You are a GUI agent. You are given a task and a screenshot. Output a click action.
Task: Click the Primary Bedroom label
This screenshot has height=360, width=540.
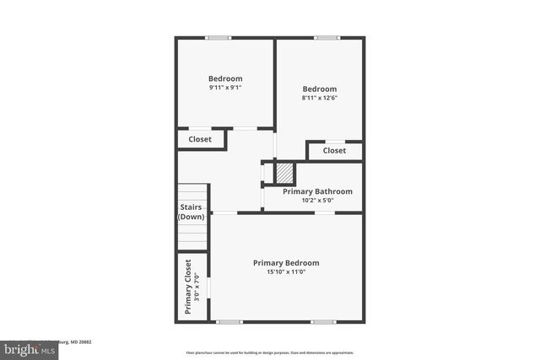click(286, 263)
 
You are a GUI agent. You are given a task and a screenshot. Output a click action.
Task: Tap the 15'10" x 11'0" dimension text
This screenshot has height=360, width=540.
click(286, 272)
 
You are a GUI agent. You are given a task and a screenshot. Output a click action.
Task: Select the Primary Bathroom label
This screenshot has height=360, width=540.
click(317, 191)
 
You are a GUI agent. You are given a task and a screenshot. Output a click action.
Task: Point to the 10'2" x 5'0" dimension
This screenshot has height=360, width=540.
click(317, 201)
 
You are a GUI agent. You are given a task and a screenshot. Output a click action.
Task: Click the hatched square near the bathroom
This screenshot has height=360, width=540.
click(285, 174)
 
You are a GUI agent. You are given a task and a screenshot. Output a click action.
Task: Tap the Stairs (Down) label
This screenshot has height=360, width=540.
click(191, 212)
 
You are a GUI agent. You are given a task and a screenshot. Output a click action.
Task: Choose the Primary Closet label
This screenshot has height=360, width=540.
click(188, 287)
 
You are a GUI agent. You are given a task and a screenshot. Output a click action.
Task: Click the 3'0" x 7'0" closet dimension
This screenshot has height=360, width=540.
click(197, 287)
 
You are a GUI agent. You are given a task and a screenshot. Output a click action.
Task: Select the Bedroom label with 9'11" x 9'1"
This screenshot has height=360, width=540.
click(225, 78)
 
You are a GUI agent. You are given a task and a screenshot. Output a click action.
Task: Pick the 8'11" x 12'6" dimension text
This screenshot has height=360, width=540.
click(320, 98)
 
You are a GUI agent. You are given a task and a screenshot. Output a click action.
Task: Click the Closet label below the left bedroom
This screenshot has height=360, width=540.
click(200, 139)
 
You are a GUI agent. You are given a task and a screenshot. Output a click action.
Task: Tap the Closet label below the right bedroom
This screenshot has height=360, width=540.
click(334, 151)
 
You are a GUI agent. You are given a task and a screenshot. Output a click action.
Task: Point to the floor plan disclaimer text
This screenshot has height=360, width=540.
click(269, 352)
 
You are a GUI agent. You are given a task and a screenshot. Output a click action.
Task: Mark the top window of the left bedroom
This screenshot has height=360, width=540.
click(219, 37)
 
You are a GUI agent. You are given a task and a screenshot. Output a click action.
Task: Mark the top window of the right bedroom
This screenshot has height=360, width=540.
click(327, 37)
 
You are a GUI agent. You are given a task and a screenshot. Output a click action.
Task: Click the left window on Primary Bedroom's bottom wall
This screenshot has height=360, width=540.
click(229, 321)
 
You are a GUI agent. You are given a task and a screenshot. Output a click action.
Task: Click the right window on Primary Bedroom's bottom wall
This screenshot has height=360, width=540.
click(322, 321)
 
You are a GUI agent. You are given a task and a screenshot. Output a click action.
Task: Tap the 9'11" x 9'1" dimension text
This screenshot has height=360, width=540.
click(225, 88)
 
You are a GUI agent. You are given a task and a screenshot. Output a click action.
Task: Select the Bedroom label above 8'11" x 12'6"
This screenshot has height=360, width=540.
click(320, 89)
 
